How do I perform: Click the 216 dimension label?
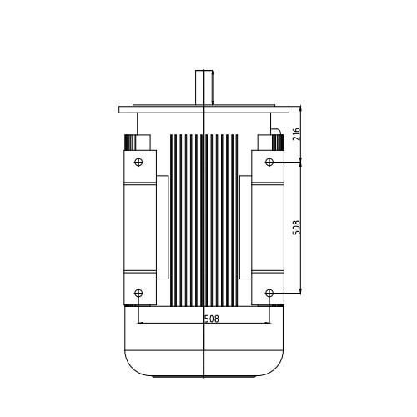297,134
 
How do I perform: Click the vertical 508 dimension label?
297,228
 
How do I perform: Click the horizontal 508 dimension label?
212,319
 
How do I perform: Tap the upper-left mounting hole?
138,162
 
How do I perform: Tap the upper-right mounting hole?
269,162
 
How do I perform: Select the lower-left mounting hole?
138,293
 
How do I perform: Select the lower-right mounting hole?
269,293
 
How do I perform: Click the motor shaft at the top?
204,88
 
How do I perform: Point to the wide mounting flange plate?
204,109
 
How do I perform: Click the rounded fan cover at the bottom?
203,341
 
